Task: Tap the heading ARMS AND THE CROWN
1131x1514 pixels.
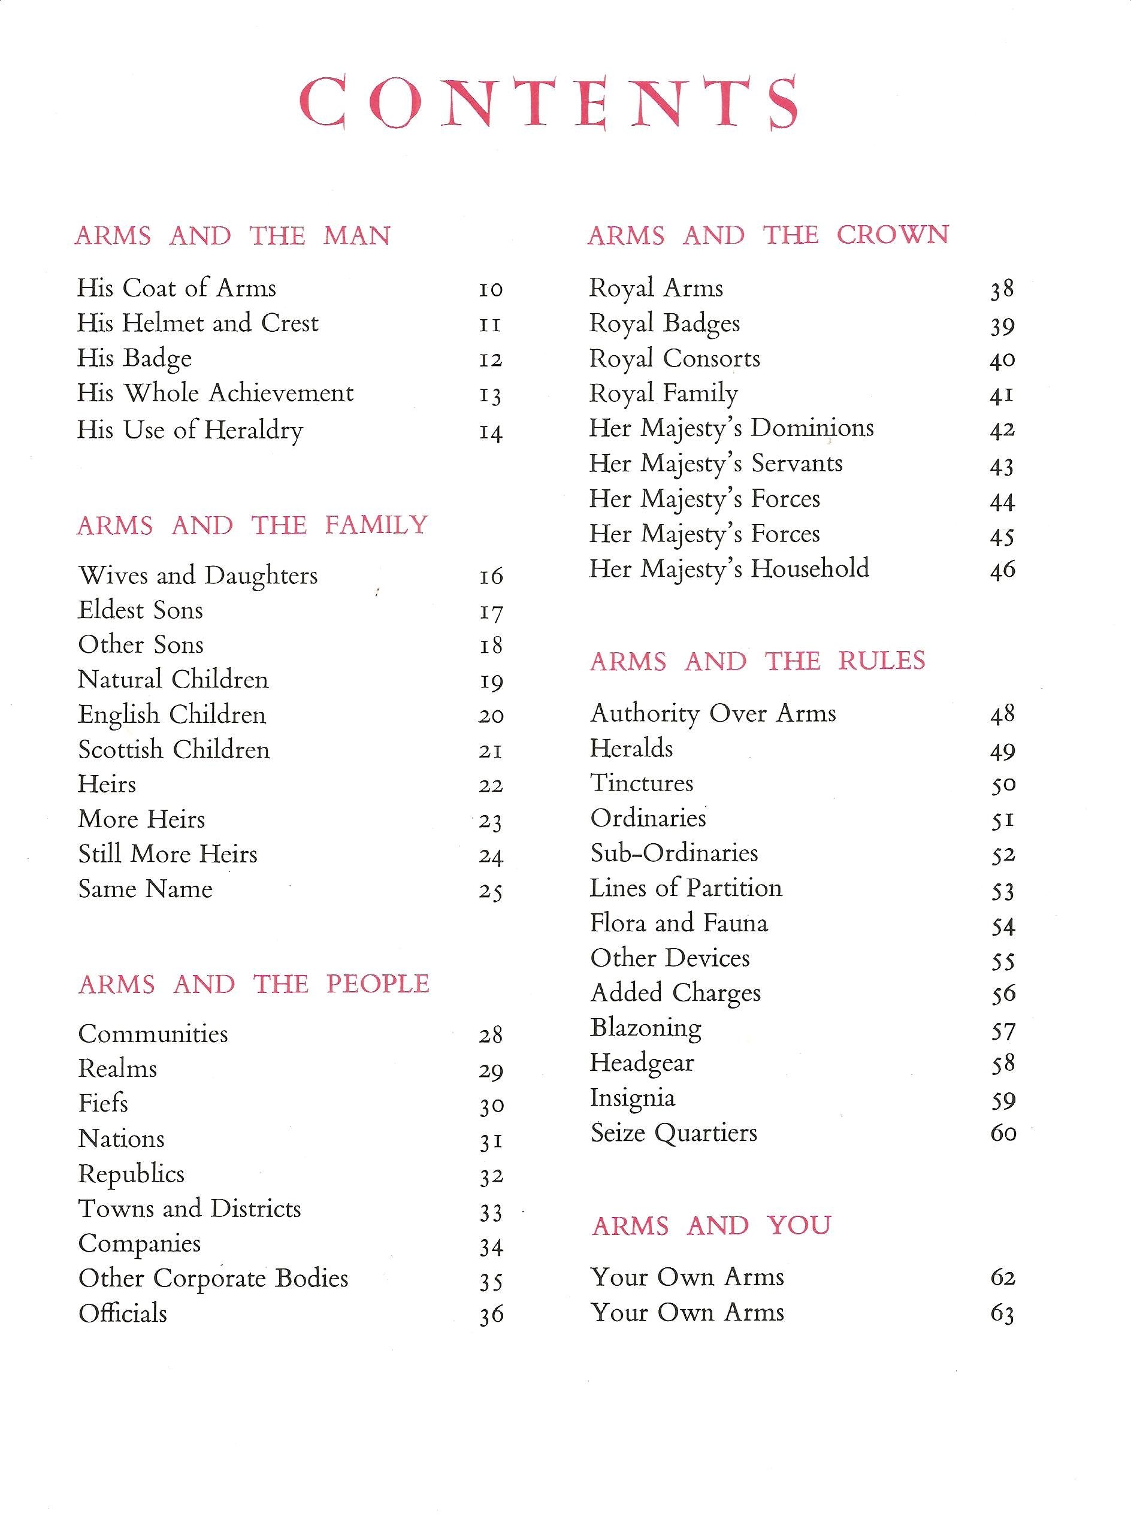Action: [767, 235]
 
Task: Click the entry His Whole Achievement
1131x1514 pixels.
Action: [215, 393]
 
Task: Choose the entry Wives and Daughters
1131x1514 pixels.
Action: [198, 576]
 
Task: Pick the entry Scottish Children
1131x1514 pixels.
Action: [174, 749]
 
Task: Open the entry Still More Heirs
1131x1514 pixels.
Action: [168, 854]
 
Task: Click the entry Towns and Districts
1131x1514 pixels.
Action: [190, 1209]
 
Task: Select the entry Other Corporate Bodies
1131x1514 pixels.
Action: [213, 1279]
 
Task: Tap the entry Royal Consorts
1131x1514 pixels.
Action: [675, 359]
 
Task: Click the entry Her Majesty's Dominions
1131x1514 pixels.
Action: [731, 428]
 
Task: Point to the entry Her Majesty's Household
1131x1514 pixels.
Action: [729, 569]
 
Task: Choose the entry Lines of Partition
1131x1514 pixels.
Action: [685, 888]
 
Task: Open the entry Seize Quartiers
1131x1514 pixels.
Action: [674, 1133]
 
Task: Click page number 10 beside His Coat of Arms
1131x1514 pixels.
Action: [491, 289]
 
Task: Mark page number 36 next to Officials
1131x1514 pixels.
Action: [491, 1315]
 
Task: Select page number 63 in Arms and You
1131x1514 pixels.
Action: [1002, 1314]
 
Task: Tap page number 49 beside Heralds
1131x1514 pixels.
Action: [1002, 751]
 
